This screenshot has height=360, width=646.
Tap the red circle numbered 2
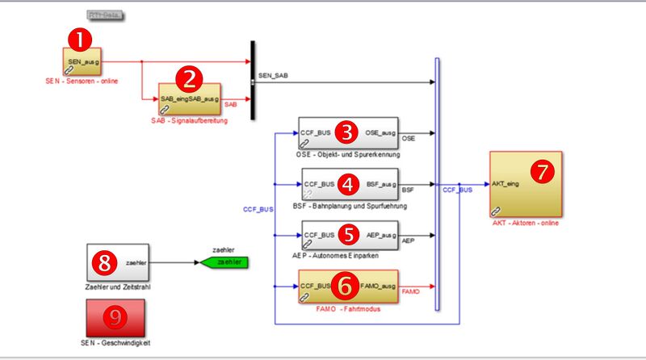point(190,77)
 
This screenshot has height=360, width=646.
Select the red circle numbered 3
point(347,131)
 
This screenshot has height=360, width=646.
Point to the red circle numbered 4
point(347,183)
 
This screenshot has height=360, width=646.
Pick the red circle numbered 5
point(347,234)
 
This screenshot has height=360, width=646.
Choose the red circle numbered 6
point(345,284)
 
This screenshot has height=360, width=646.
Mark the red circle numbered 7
point(542,170)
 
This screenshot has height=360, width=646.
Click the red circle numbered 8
point(105,260)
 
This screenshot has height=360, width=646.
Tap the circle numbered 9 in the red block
point(116,317)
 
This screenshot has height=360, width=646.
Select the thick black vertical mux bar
point(253,80)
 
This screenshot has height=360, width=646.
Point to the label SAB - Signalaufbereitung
point(190,120)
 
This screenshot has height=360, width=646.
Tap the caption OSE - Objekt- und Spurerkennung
point(347,153)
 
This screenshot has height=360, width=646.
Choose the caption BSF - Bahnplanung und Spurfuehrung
point(350,206)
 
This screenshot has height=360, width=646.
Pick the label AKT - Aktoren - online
point(525,224)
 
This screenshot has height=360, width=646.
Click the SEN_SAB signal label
point(272,75)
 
